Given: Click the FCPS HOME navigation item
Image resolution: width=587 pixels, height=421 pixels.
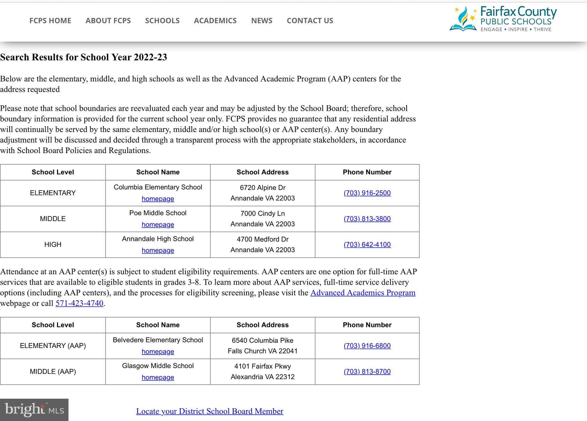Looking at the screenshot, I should coord(50,21).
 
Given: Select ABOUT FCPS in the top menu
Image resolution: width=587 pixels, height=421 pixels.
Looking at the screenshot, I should coord(108,21).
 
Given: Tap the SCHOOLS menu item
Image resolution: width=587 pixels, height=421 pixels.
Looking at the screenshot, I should coord(162,21).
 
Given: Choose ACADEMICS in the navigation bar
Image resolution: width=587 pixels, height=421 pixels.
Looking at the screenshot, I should coord(215,21).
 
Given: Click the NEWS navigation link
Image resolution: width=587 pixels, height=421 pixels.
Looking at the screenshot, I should coord(262,21).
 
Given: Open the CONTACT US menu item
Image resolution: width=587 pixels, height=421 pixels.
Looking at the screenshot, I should coord(310,21).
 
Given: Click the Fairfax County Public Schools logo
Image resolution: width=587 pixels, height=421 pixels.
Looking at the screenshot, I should coord(503,19).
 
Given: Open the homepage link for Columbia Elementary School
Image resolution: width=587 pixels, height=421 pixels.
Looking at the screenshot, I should coord(158,199).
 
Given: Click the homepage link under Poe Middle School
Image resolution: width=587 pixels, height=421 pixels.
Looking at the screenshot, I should coord(158,224).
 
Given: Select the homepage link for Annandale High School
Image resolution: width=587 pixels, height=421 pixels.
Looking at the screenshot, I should coord(158,250).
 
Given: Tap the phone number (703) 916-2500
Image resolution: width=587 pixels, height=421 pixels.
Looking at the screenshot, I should coord(367,193).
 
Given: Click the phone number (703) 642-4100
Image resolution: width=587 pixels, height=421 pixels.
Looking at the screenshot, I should coord(367,244).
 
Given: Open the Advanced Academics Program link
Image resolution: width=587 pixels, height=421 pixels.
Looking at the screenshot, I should coord(363,292).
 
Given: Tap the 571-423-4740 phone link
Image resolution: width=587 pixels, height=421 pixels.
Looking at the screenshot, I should coord(79,303).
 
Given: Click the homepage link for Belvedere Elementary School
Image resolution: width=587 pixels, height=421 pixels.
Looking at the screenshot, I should coord(158,351).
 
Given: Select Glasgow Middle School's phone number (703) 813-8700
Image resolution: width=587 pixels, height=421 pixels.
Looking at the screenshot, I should coord(367,371).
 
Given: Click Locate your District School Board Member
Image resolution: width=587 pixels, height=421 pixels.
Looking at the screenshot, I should coord(210,411).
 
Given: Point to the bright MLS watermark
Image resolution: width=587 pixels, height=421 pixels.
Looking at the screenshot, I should coord(34,410).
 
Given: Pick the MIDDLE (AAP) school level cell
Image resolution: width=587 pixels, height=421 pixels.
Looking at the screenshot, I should coord(53,371).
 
